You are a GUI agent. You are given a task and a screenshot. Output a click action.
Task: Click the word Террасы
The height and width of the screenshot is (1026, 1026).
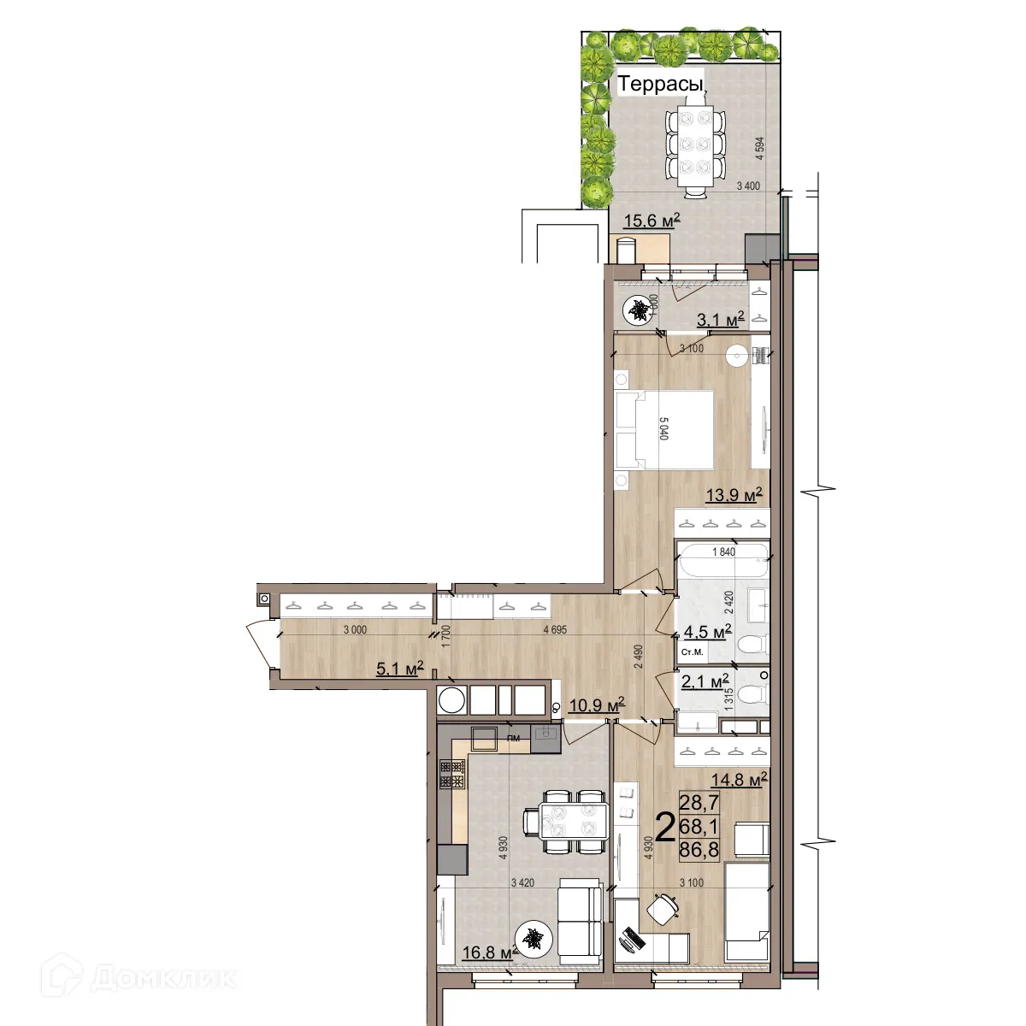click(x=660, y=85)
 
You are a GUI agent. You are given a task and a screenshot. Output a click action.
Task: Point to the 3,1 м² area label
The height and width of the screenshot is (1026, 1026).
click(x=720, y=319)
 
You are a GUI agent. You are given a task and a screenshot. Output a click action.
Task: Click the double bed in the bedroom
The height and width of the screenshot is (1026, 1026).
click(x=667, y=429)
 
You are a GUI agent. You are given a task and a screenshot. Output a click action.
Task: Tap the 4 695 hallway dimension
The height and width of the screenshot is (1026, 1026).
click(x=555, y=630)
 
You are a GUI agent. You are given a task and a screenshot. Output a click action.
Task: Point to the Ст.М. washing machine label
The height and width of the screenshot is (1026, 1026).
click(x=692, y=653)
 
